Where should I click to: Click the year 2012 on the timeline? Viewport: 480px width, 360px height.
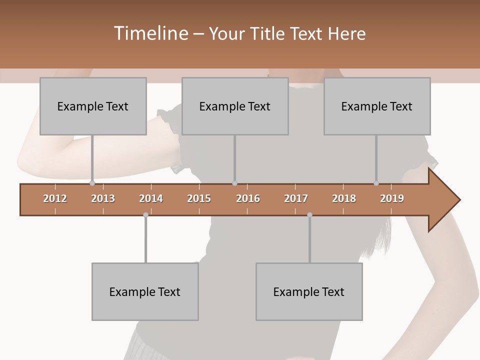pos(55,198)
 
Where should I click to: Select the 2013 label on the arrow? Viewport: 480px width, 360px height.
pos(103,198)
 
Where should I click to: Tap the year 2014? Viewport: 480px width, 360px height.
pos(151,198)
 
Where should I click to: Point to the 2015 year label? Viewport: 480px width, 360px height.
pos(199,198)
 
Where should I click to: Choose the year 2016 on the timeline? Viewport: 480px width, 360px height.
pos(248,198)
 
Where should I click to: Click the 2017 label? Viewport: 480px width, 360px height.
pos(296,198)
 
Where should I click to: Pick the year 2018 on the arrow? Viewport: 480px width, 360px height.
pos(344,198)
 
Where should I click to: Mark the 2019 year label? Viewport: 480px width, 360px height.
pos(392,198)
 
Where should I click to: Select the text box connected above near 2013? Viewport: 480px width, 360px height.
pos(93,106)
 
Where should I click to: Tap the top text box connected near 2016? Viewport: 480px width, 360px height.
pos(235,106)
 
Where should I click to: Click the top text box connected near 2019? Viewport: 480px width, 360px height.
pos(377,106)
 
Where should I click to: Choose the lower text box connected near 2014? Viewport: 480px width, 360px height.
pos(145,291)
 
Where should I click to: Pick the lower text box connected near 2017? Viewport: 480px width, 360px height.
pos(309,291)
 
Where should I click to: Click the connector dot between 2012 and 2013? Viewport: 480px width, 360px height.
pos(92,183)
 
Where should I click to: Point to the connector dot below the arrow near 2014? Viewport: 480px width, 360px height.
pos(145,215)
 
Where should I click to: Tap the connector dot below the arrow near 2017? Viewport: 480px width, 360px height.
pos(309,215)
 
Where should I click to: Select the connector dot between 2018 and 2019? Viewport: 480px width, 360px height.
pos(376,183)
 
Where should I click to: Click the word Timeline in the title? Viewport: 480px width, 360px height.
pos(150,33)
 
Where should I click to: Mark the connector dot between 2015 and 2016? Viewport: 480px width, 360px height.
pos(234,183)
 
